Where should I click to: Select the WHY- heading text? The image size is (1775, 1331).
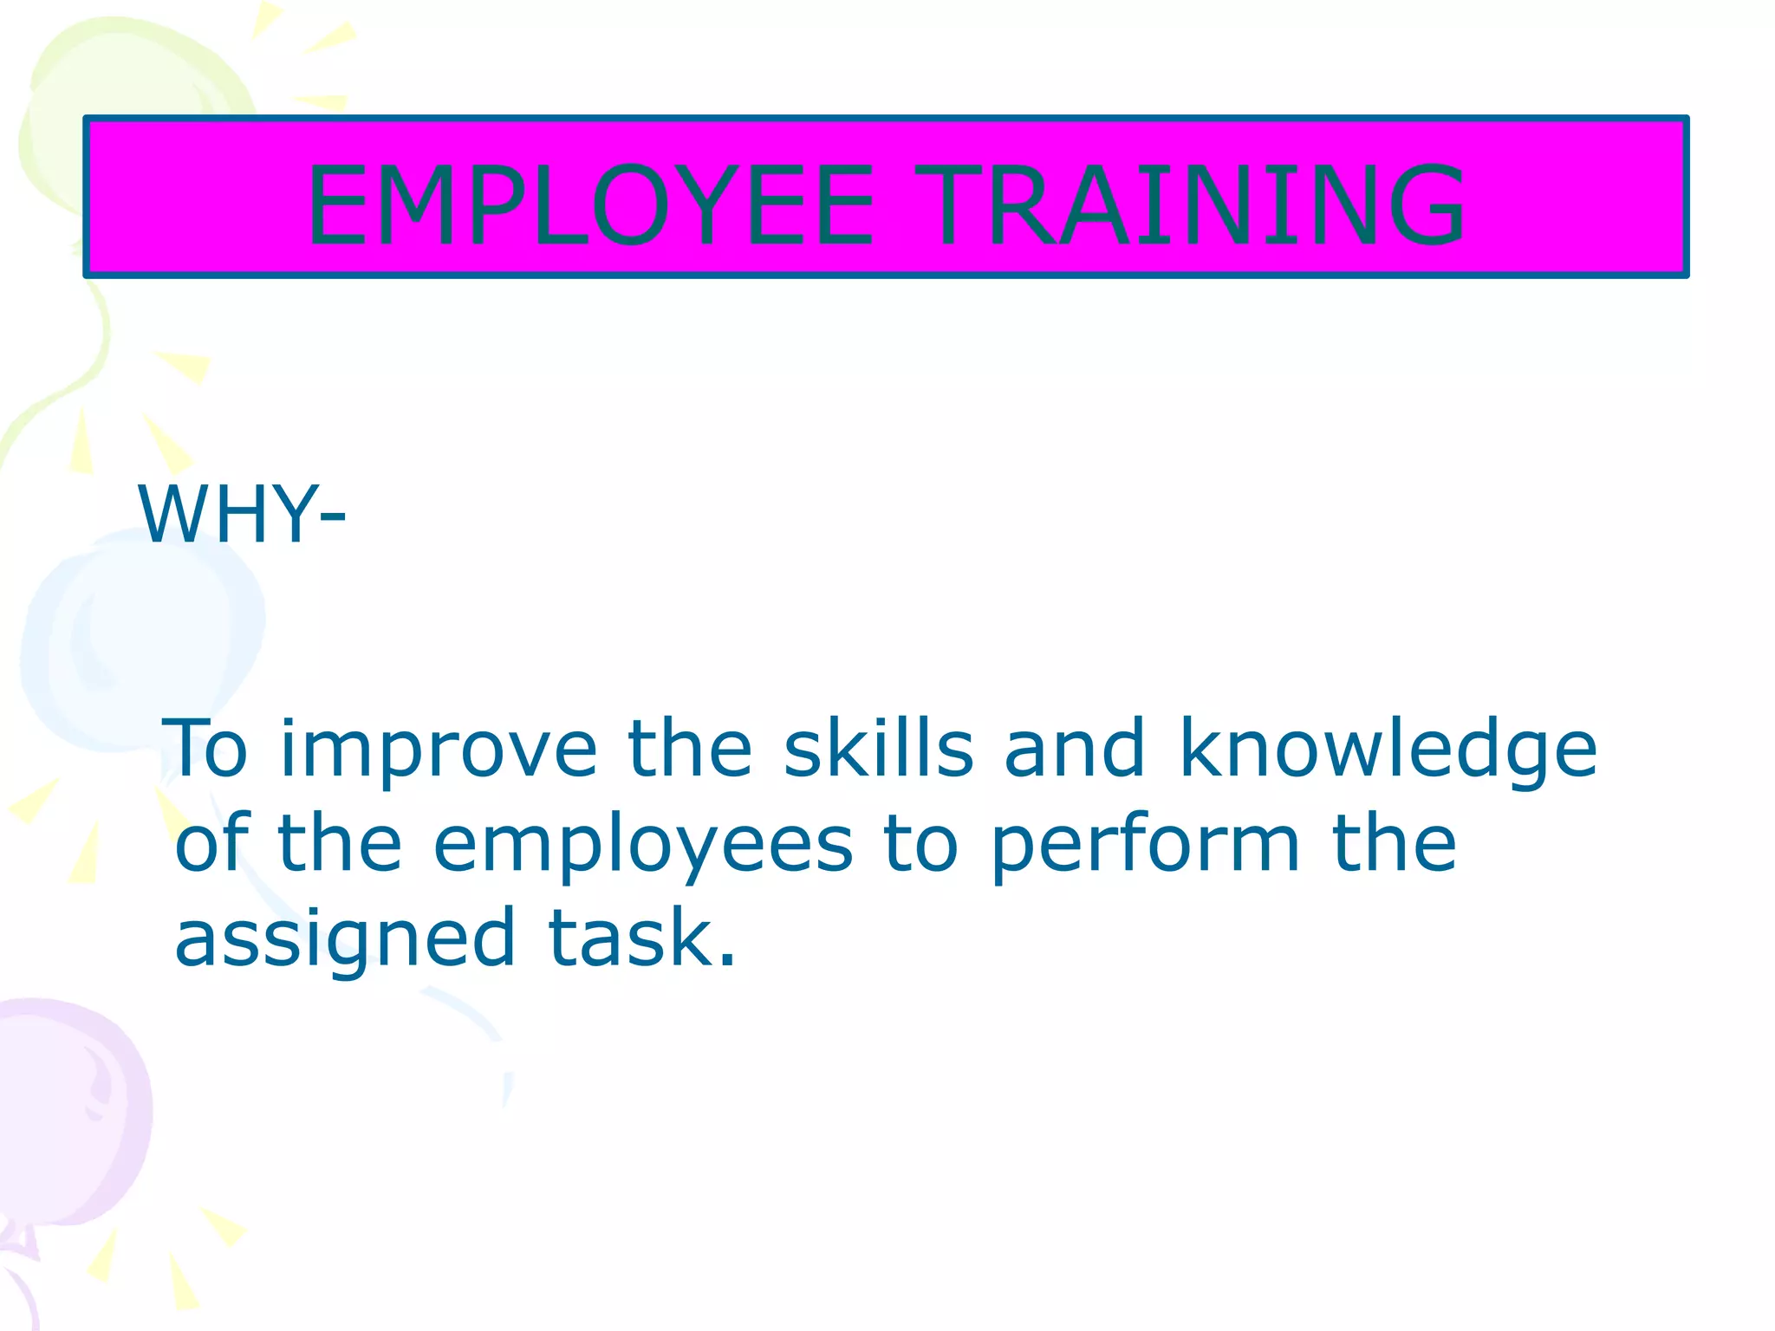pyautogui.click(x=242, y=515)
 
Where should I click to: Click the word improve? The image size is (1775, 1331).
pyautogui.click(x=439, y=750)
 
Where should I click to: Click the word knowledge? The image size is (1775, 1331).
pyautogui.click(x=1388, y=750)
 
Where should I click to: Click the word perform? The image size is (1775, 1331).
pyautogui.click(x=1145, y=846)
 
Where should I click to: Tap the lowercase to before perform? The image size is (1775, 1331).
pyautogui.click(x=920, y=844)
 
